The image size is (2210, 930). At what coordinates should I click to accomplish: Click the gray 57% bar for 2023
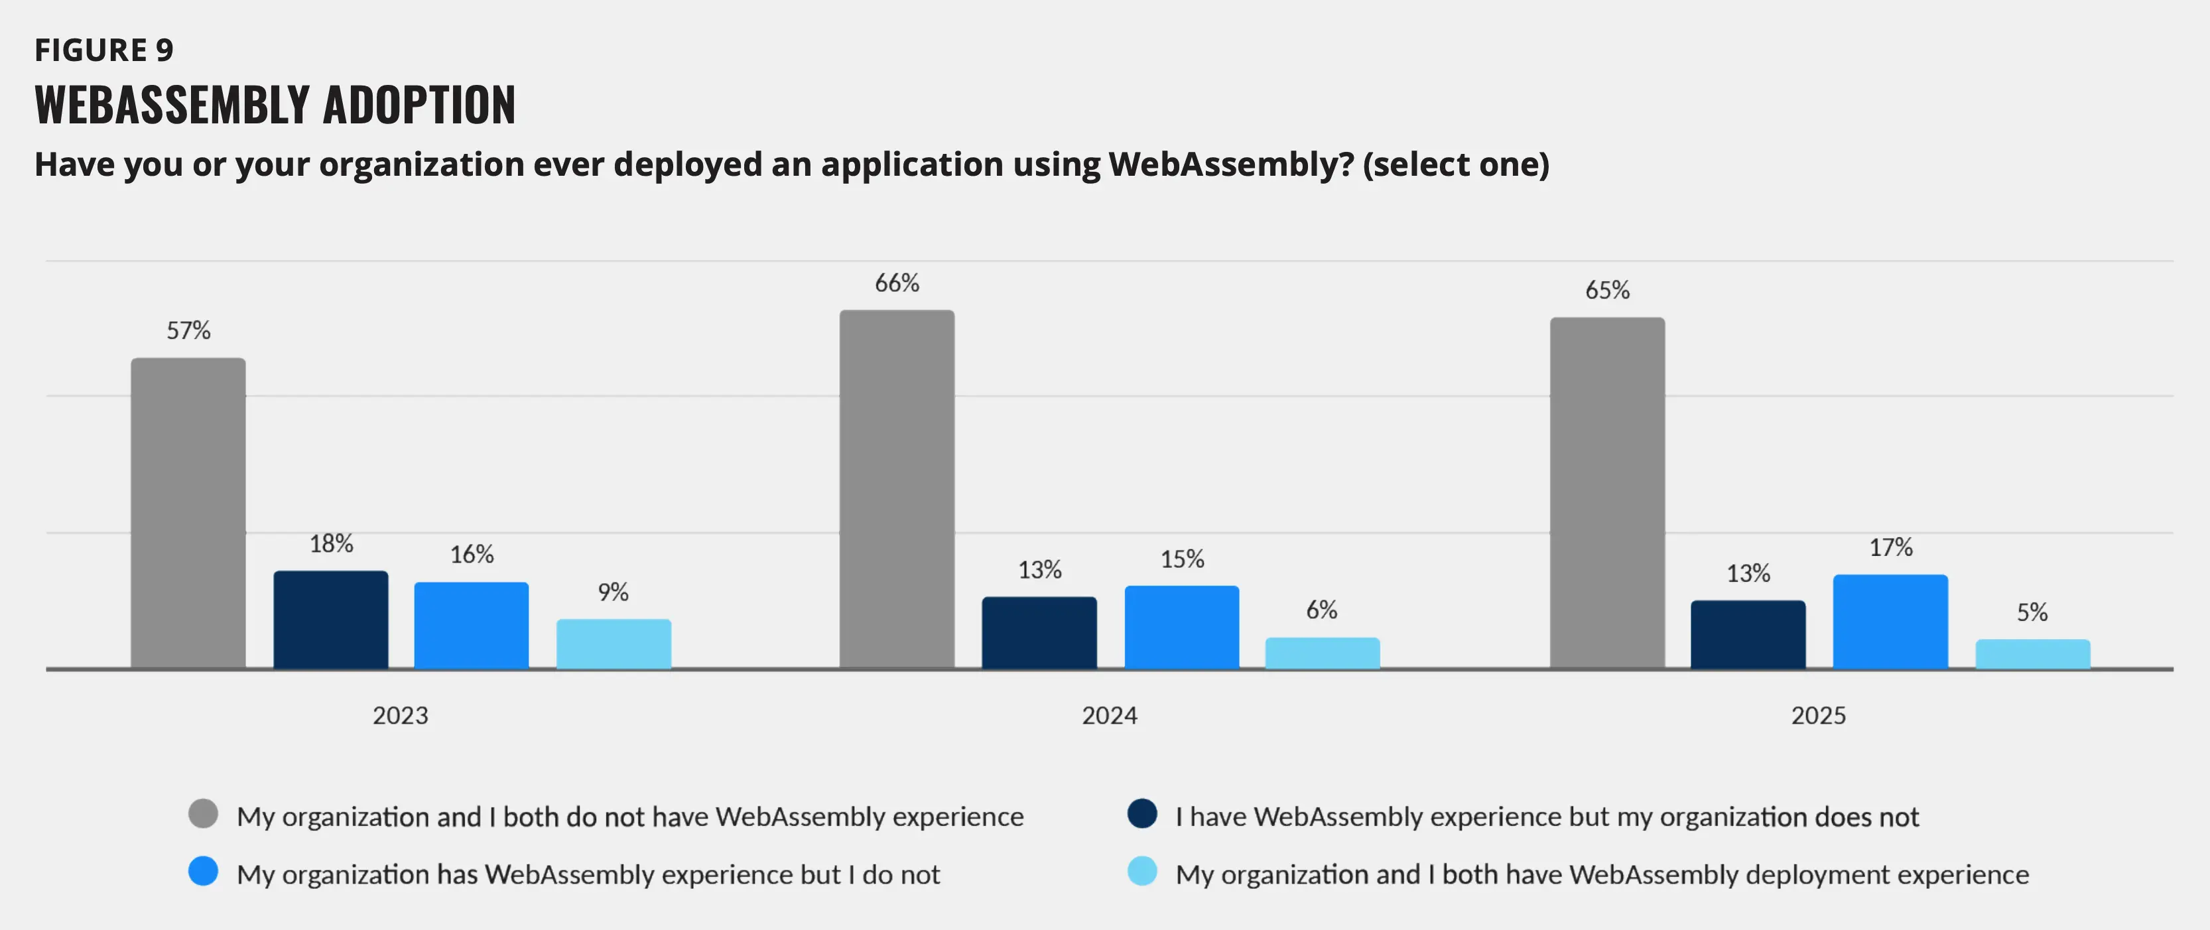(188, 512)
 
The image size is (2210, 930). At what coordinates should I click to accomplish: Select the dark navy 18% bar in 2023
(330, 619)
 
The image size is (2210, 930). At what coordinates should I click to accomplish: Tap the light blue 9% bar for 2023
(614, 643)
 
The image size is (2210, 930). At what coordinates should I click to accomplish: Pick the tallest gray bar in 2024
(897, 488)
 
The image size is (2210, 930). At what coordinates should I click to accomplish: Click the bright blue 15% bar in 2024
(1181, 626)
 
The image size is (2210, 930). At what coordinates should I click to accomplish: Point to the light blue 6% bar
(1322, 652)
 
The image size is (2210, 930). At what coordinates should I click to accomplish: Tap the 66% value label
(897, 283)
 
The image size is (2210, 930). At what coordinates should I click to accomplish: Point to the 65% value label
(1607, 290)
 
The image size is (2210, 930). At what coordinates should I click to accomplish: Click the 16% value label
(472, 555)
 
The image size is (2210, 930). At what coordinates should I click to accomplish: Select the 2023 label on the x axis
(400, 716)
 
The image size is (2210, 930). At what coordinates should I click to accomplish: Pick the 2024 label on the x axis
(1109, 716)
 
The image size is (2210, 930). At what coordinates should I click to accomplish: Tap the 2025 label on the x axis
(1818, 716)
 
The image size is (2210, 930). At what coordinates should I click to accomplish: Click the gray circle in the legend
(204, 813)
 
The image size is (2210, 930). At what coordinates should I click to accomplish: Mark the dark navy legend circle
(1142, 813)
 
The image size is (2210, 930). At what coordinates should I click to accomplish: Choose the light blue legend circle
(1142, 872)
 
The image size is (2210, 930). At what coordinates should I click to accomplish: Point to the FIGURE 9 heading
(104, 50)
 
